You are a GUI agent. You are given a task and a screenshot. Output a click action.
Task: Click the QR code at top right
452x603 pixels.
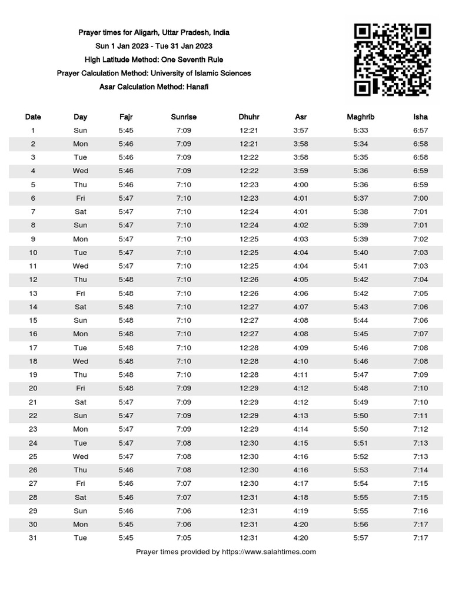393,59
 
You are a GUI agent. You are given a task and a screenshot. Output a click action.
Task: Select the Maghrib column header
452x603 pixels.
361,117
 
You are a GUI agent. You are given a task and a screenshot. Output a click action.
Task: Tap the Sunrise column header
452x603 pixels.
184,117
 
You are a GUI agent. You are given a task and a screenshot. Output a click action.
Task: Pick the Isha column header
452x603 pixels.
420,117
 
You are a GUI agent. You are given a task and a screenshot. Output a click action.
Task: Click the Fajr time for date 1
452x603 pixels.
126,130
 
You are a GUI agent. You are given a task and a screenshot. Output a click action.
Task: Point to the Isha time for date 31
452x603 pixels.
420,538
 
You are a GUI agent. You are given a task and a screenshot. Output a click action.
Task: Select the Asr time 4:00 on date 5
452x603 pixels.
301,184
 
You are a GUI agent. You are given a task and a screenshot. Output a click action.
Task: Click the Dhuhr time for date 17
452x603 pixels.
249,347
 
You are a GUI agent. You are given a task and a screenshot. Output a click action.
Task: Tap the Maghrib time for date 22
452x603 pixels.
361,416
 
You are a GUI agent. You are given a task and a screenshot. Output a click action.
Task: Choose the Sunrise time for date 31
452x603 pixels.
184,538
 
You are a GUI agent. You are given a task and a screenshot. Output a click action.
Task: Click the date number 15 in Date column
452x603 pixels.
33,320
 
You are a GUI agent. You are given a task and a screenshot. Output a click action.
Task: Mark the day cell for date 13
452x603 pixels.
81,293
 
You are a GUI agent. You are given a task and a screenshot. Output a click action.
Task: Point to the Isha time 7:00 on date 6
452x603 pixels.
420,198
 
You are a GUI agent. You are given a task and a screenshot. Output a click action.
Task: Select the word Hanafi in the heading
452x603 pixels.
198,87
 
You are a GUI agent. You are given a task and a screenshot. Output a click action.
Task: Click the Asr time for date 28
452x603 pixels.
301,497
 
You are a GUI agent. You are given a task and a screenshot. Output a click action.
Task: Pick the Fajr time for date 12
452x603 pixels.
126,280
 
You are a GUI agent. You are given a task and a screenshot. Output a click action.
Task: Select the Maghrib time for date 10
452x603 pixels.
361,253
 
